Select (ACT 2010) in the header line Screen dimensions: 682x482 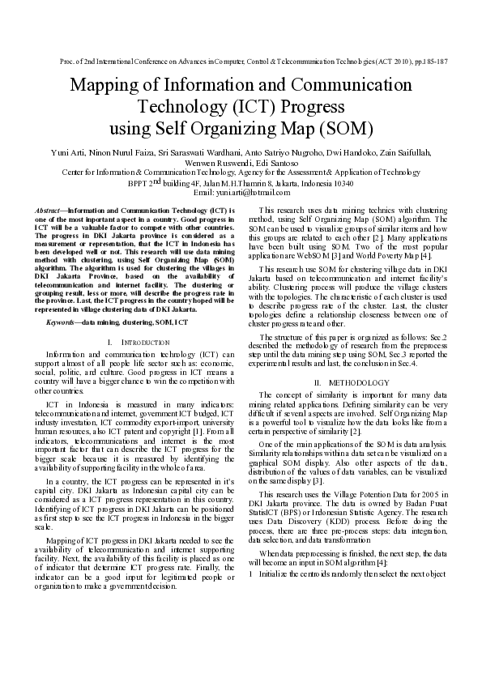click(382, 62)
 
